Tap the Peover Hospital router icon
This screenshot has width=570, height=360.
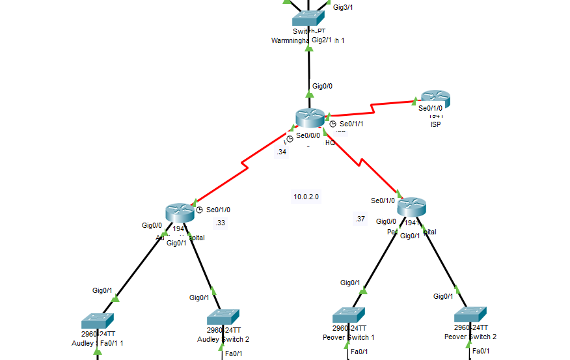[411, 207]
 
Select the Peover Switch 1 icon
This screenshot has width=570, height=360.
[348, 315]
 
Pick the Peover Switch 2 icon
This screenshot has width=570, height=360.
[470, 315]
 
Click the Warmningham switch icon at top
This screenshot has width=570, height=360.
[308, 18]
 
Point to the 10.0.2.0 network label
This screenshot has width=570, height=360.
[306, 196]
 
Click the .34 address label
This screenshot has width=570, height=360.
[281, 152]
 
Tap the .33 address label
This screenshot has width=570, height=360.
[220, 223]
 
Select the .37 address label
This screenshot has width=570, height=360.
[360, 219]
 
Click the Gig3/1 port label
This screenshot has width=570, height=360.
[343, 7]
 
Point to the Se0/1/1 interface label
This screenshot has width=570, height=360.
[351, 123]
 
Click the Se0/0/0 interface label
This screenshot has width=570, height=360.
[308, 136]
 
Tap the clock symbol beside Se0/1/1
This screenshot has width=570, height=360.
[332, 124]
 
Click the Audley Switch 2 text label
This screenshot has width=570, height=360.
[223, 339]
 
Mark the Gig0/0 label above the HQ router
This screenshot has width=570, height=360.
[323, 85]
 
